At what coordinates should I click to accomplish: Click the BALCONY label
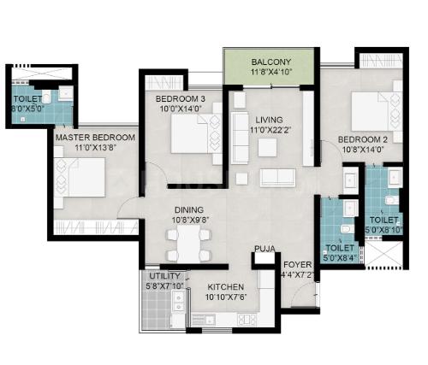point(270,62)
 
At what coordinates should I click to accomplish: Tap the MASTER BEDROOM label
point(95,138)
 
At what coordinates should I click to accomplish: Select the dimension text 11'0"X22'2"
point(270,130)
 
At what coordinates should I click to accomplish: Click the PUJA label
point(265,249)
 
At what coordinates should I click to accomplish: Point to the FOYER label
point(297,265)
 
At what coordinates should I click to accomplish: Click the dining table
point(188,244)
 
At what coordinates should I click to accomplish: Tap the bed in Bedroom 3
point(196,133)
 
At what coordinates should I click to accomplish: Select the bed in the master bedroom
point(80,177)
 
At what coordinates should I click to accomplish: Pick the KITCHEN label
point(225,287)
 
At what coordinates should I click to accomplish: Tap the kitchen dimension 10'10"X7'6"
point(226,297)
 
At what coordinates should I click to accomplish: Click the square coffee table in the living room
point(267,147)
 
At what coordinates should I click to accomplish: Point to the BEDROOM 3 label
point(181,99)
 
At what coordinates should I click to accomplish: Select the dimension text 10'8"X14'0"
point(362,150)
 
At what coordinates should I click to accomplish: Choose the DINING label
point(189,210)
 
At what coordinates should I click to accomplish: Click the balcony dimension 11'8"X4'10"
point(270,72)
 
